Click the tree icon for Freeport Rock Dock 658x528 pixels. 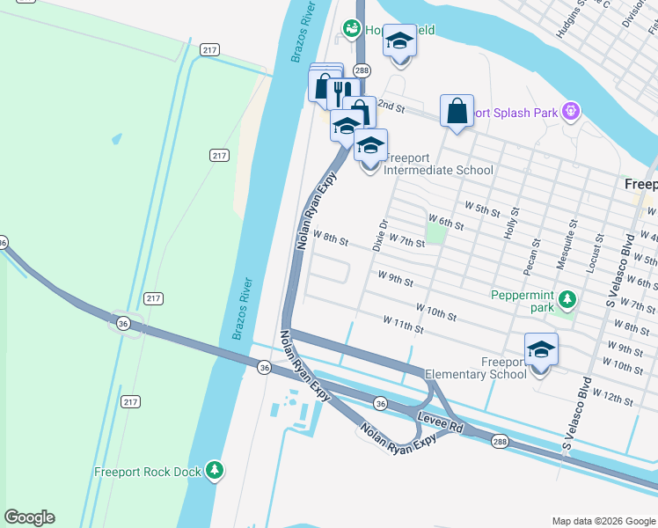coord(214,471)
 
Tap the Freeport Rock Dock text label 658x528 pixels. coord(148,472)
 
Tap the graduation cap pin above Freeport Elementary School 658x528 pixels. coord(541,349)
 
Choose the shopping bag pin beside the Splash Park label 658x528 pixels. coord(457,112)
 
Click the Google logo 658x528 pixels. coord(29,517)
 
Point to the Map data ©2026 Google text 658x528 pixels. coord(603,521)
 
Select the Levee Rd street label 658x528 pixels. coord(441,424)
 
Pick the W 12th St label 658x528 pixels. coord(612,396)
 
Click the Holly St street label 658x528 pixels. coord(511,224)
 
